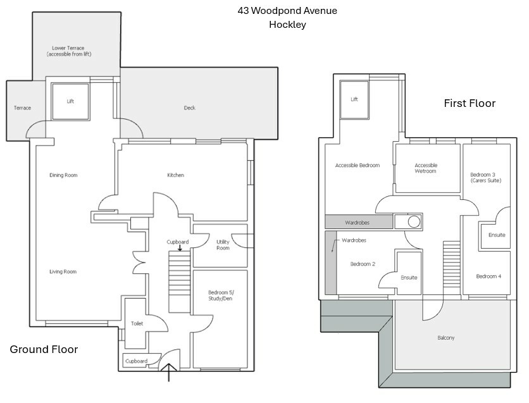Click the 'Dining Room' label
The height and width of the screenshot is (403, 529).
63,175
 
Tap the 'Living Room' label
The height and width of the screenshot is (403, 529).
63,271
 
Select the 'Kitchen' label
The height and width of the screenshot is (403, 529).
176,175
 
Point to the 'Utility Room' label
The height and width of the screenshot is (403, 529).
223,245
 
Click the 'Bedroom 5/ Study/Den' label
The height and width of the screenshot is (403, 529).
221,295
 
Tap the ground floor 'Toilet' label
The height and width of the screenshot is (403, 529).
137,323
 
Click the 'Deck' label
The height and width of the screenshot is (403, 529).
190,108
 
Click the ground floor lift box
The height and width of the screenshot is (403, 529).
70,101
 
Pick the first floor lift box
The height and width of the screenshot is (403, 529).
354,100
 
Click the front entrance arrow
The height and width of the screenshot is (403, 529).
169,372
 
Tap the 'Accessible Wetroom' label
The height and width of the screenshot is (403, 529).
426,168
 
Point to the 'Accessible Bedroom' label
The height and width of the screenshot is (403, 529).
358,165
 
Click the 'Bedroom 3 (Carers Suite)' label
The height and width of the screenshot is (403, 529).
486,177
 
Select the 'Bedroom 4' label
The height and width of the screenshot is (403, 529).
489,276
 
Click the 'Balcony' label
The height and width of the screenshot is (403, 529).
446,338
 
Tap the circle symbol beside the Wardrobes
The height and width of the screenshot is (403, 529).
414,221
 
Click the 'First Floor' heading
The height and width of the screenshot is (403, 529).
470,103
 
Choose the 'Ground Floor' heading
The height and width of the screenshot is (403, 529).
44,349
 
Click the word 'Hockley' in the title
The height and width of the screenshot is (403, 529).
287,25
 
